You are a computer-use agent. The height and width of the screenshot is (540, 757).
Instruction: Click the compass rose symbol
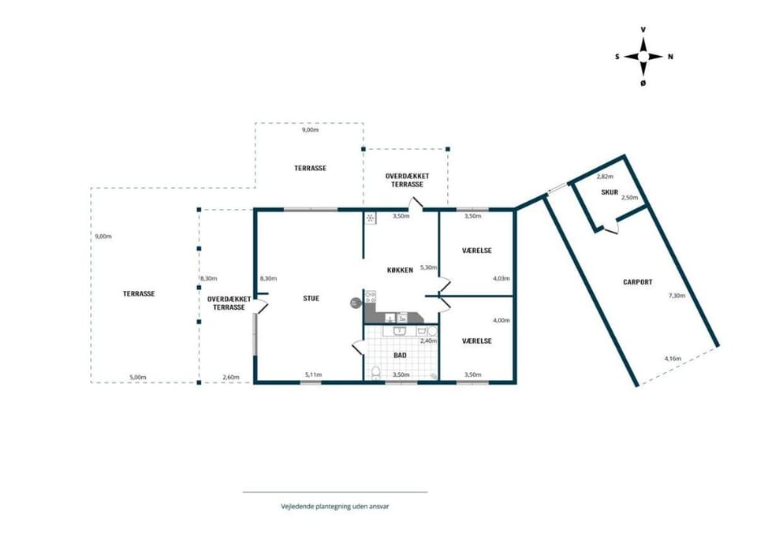pyautogui.click(x=643, y=57)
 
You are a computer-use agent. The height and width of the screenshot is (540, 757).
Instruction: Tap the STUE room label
pyautogui.click(x=311, y=298)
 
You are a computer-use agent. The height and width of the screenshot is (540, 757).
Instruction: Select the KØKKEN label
pyautogui.click(x=400, y=270)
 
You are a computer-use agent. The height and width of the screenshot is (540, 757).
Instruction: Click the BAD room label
pyautogui.click(x=400, y=356)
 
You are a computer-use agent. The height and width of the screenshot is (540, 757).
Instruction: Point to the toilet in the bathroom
pyautogui.click(x=377, y=373)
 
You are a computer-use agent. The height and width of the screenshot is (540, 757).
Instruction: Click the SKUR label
pyautogui.click(x=610, y=192)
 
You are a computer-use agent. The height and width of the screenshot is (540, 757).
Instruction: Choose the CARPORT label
pyautogui.click(x=638, y=282)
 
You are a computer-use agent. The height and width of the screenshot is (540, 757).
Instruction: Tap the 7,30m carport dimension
pyautogui.click(x=677, y=296)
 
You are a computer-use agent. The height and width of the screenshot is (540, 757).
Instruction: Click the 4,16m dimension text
pyautogui.click(x=673, y=359)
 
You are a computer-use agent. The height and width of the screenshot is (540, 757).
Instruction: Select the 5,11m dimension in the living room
pyautogui.click(x=313, y=374)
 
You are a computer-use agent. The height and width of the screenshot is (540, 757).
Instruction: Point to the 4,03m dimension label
pyautogui.click(x=502, y=278)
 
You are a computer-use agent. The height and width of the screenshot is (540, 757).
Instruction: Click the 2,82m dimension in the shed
pyautogui.click(x=605, y=177)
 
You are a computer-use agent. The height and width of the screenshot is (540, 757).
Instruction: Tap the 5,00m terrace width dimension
pyautogui.click(x=138, y=378)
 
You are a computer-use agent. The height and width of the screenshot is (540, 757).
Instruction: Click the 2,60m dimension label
pyautogui.click(x=231, y=378)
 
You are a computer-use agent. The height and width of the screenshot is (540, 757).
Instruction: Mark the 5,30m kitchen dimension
pyautogui.click(x=428, y=267)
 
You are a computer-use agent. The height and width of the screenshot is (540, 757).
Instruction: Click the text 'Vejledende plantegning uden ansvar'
pyautogui.click(x=335, y=507)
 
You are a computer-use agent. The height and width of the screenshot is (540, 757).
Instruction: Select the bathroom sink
pyautogui.click(x=399, y=331)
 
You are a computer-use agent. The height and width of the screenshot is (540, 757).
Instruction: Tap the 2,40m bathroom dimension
pyautogui.click(x=428, y=341)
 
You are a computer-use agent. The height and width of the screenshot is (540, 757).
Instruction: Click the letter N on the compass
pyautogui.click(x=670, y=57)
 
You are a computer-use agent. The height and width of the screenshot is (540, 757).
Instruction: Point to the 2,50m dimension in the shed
pyautogui.click(x=629, y=198)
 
